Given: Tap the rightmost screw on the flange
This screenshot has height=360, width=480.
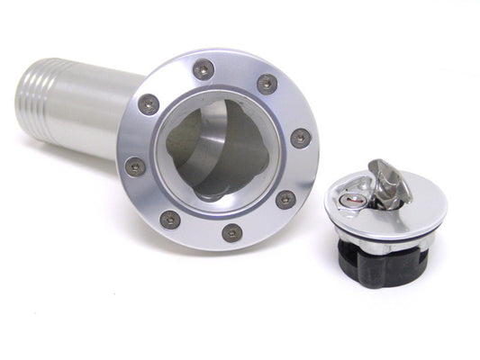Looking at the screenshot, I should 301,138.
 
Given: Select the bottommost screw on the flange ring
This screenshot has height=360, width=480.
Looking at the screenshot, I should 231,232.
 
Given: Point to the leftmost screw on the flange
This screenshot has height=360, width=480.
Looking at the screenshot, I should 136,166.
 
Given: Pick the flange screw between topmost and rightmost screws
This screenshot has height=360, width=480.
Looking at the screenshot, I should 267,83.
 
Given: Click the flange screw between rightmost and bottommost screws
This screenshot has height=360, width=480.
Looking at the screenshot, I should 285,199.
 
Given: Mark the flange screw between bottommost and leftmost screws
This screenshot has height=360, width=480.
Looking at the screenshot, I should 168,218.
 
